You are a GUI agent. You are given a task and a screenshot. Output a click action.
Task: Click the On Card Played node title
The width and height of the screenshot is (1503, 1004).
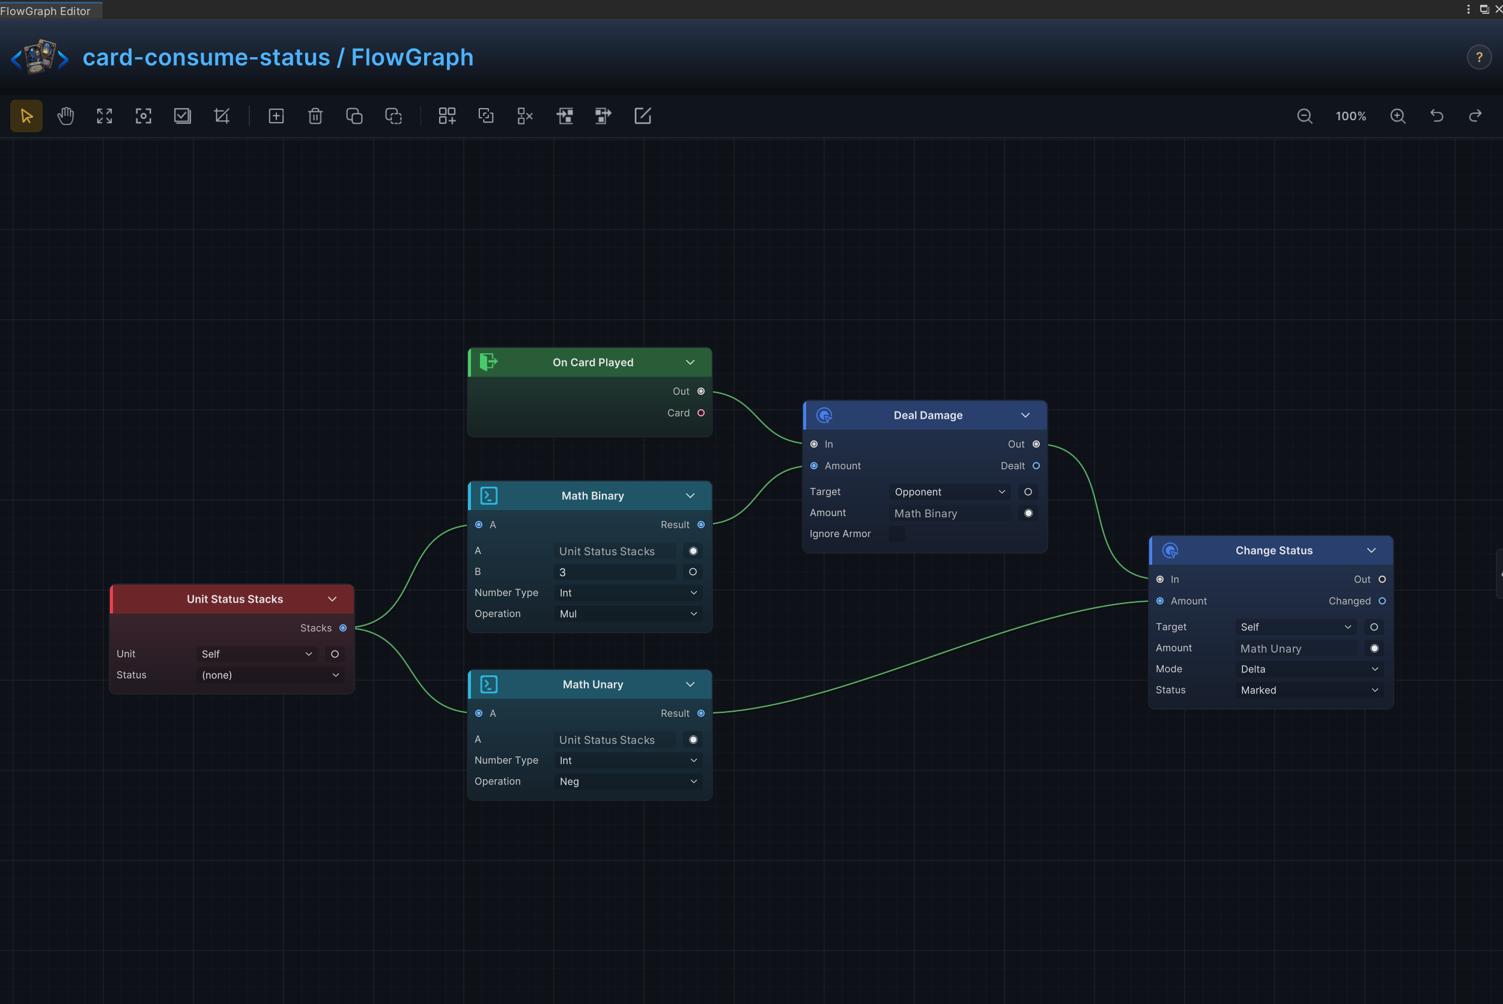pos(593,362)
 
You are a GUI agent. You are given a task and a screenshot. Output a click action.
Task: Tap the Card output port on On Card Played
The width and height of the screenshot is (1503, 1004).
pos(701,413)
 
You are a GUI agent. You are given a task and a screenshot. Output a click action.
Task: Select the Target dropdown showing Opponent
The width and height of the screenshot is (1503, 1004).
pos(949,491)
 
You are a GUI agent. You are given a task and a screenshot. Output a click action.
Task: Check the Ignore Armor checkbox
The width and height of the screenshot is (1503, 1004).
pos(897,534)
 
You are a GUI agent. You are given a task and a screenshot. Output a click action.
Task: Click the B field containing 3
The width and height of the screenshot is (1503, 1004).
pos(615,572)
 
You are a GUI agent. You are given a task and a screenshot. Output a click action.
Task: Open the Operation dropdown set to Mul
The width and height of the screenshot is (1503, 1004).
pos(628,614)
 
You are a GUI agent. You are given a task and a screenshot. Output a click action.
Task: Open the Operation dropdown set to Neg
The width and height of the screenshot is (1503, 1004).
pos(628,782)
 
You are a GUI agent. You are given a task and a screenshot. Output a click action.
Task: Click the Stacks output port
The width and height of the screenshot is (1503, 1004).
pos(343,628)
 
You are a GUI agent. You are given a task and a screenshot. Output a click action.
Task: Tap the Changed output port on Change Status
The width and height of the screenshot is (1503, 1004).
pos(1382,601)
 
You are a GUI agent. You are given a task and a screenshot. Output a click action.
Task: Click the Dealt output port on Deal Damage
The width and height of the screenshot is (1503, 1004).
pos(1036,466)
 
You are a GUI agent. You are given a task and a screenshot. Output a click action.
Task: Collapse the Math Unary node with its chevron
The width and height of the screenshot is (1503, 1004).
pos(690,684)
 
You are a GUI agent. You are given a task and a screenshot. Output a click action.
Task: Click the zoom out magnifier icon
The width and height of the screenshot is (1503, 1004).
pos(1305,116)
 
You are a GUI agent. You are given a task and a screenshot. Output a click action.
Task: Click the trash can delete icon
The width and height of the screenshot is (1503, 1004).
pos(315,116)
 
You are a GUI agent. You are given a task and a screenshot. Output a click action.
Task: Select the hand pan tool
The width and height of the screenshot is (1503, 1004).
pos(65,116)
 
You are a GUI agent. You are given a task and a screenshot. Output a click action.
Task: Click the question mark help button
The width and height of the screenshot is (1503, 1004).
pos(1479,58)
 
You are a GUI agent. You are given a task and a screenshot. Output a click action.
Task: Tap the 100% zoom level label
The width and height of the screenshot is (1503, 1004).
pos(1350,117)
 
